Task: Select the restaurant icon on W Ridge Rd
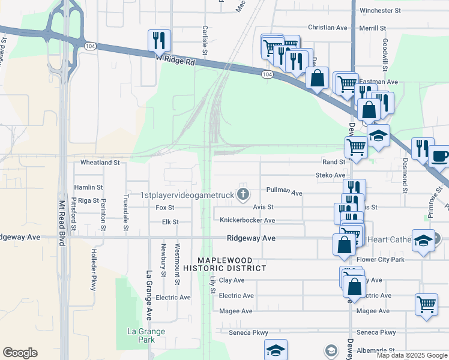point(159,40)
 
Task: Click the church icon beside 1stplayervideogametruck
point(243,193)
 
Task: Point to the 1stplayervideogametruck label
point(187,194)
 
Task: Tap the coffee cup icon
point(440,156)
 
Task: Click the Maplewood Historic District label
point(233,264)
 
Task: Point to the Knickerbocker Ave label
point(247,221)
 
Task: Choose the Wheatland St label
point(100,162)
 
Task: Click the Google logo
point(20,353)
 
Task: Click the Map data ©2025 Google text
point(412,355)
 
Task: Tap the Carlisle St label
point(205,41)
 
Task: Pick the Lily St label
point(212,281)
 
